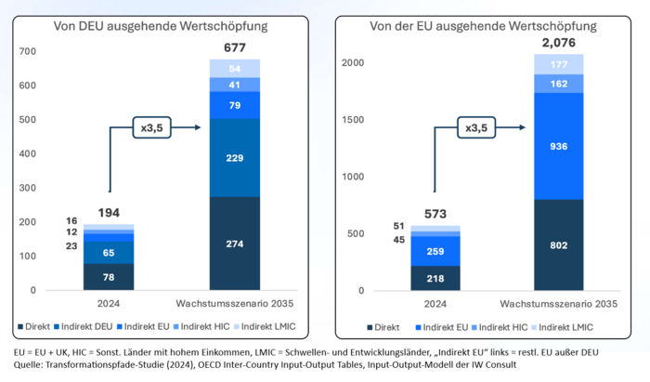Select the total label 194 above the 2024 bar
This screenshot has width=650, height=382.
click(109, 213)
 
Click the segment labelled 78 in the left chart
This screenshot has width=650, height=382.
click(109, 277)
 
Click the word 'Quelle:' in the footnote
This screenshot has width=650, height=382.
click(27, 366)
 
